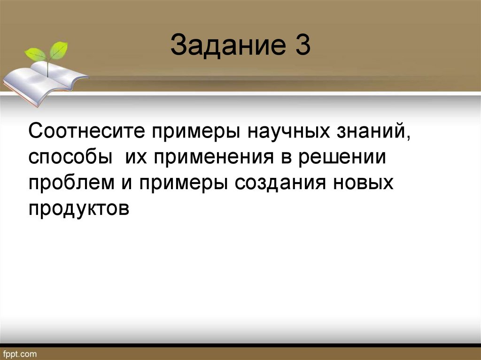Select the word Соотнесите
[x=85, y=132]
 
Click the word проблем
[x=75, y=182]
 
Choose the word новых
[x=364, y=182]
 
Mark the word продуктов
[x=79, y=207]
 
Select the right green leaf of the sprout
[x=59, y=49]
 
